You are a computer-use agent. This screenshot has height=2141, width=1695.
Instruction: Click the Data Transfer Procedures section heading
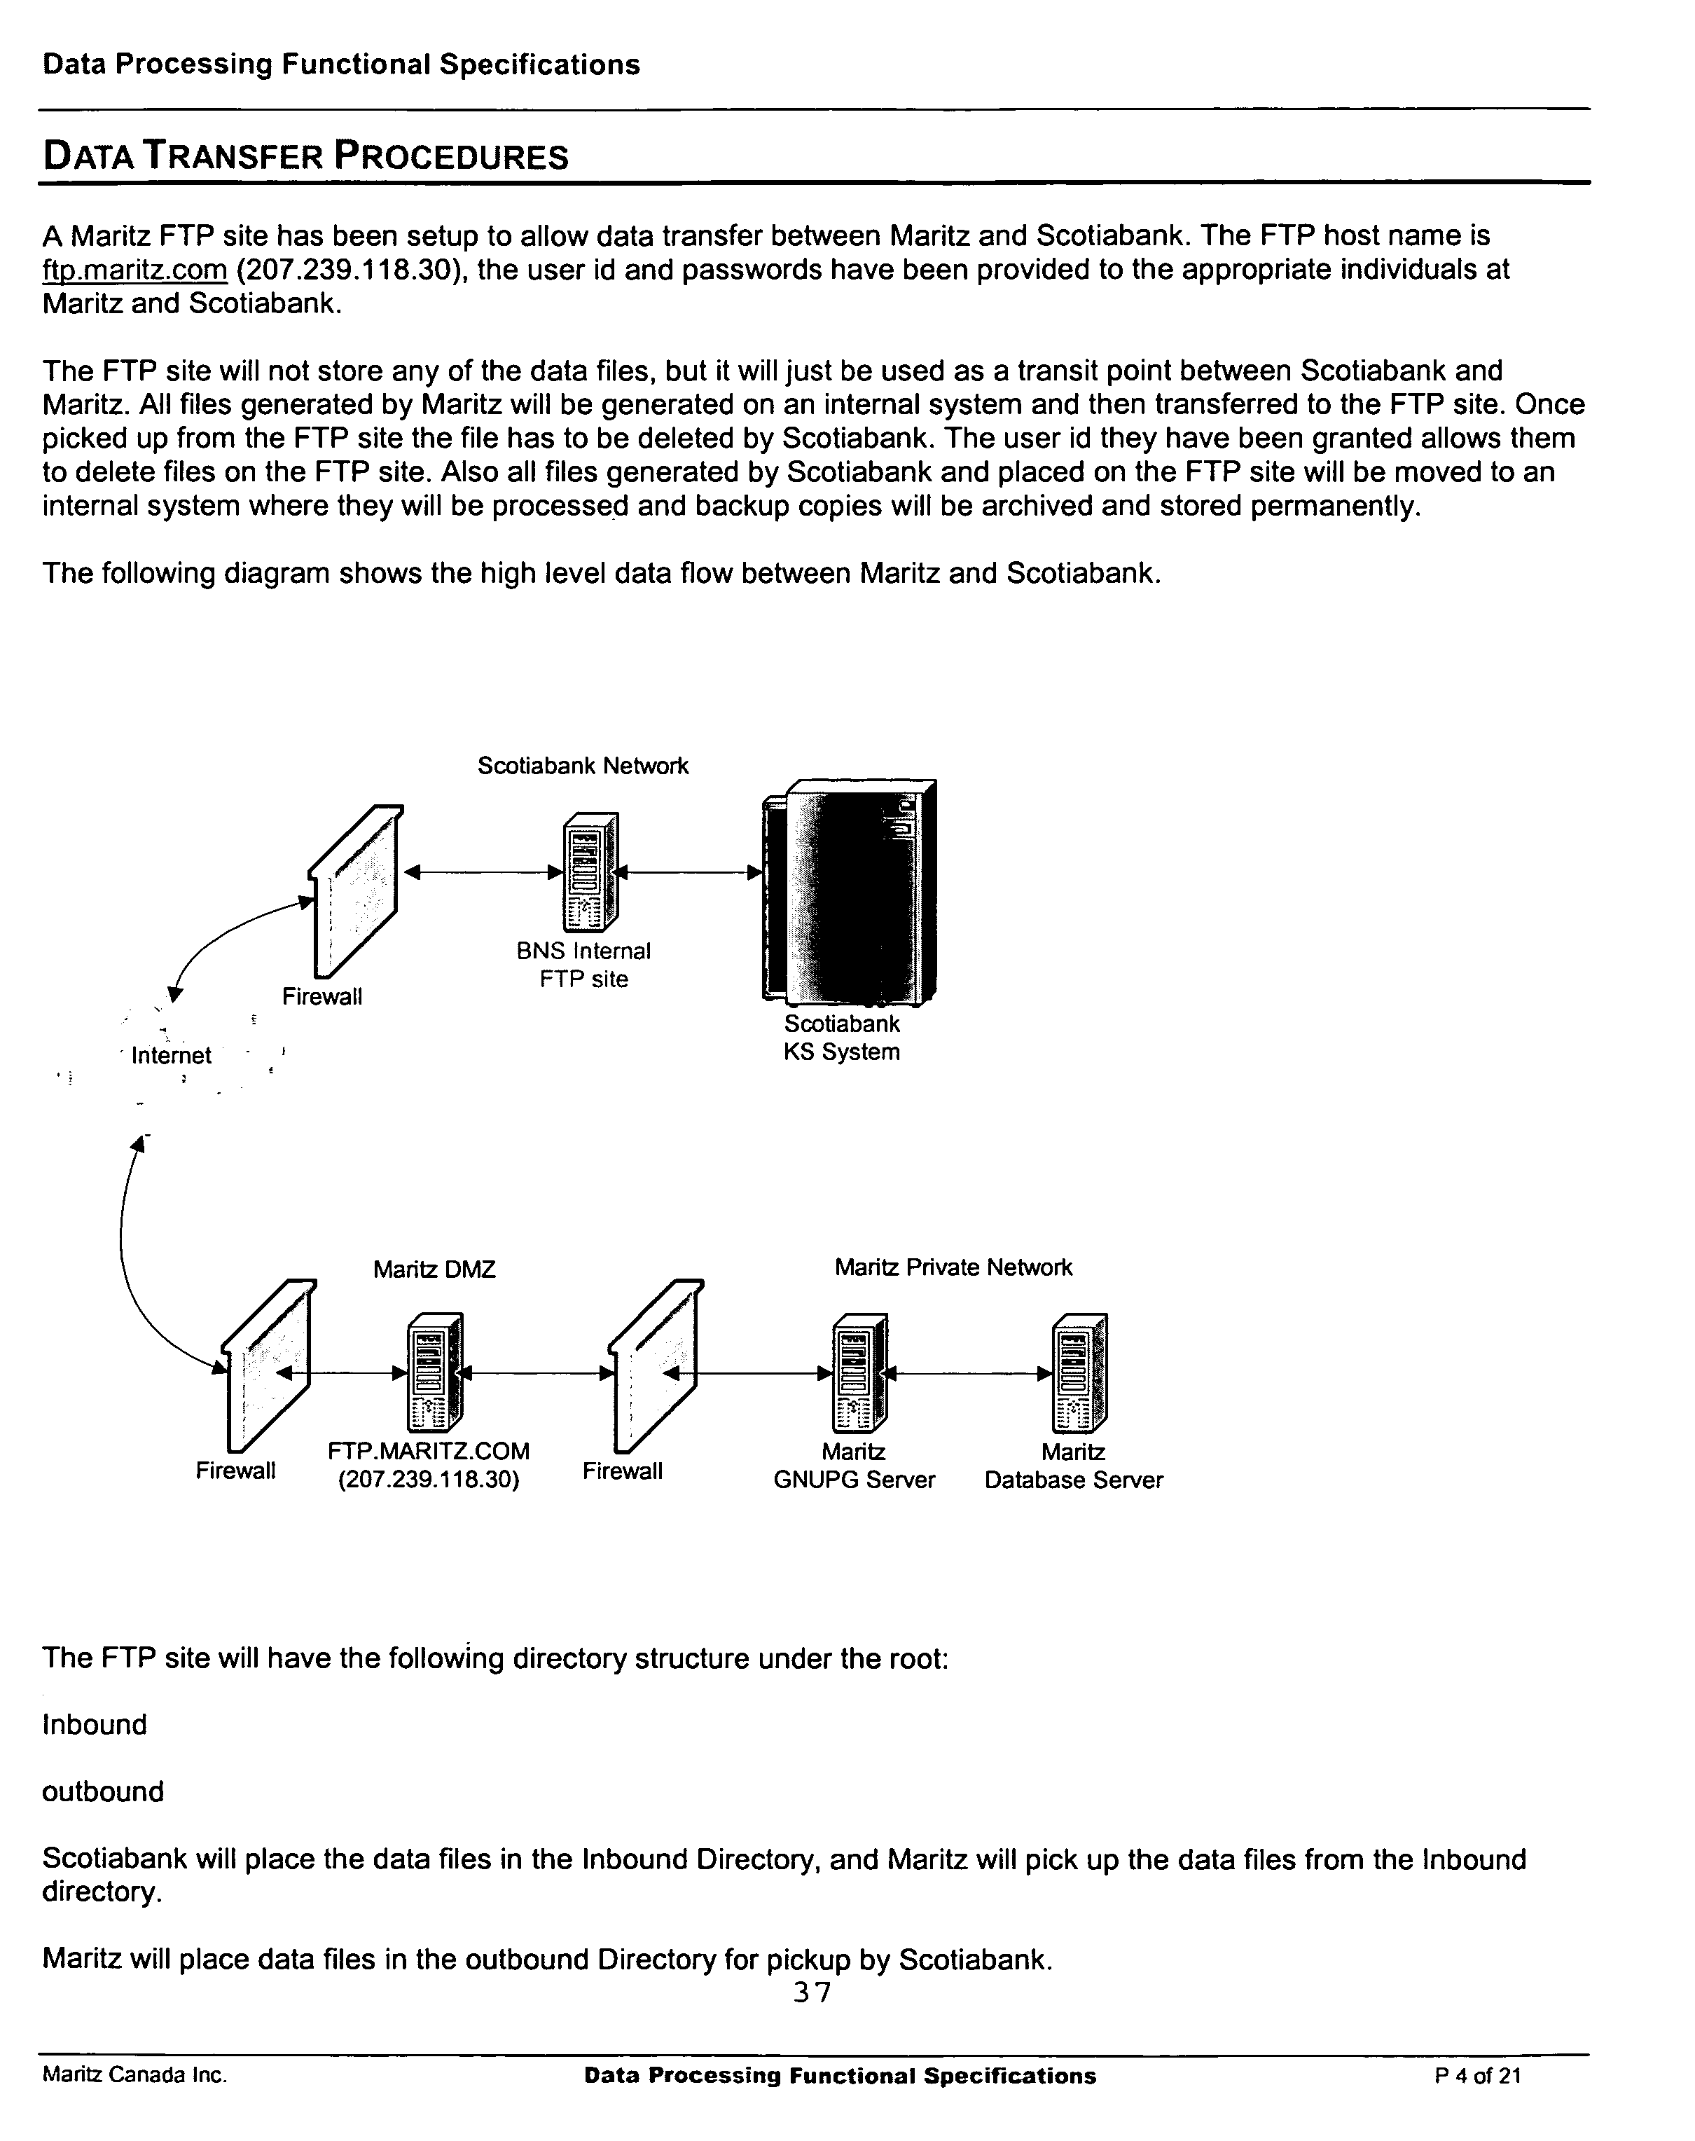pyautogui.click(x=305, y=157)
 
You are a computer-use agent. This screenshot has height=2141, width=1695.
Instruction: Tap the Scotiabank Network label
pyautogui.click(x=583, y=765)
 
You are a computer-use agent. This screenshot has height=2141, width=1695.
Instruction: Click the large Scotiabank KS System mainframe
pyautogui.click(x=850, y=891)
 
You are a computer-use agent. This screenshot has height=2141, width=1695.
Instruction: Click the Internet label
pyautogui.click(x=171, y=1055)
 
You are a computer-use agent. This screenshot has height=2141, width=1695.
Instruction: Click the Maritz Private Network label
pyautogui.click(x=953, y=1267)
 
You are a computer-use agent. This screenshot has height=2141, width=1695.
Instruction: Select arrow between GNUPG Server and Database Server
pyautogui.click(x=967, y=1374)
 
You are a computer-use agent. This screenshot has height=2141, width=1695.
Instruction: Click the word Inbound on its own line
pyautogui.click(x=95, y=1725)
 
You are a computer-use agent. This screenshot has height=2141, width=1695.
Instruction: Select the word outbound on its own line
pyautogui.click(x=102, y=1791)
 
